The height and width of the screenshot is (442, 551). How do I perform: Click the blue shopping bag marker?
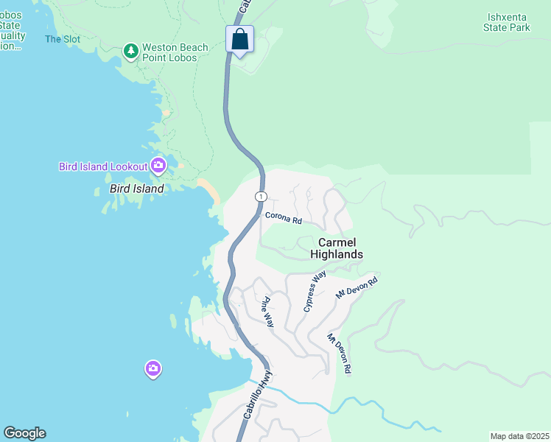pos(240,40)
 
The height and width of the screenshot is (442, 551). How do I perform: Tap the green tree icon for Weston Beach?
pos(131,51)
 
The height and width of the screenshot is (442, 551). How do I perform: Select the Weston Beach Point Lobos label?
pos(175,52)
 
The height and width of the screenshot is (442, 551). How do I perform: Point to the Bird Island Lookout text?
pos(103,166)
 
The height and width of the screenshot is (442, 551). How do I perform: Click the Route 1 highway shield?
pos(261,196)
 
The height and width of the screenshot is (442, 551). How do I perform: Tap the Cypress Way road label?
pos(315,291)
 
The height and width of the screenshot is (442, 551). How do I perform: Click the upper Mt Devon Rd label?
pos(357,287)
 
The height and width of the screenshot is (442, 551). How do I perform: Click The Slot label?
pos(63,39)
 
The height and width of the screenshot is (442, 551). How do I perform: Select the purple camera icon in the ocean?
pos(152,368)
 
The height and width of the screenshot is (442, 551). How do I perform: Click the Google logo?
pos(24,433)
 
